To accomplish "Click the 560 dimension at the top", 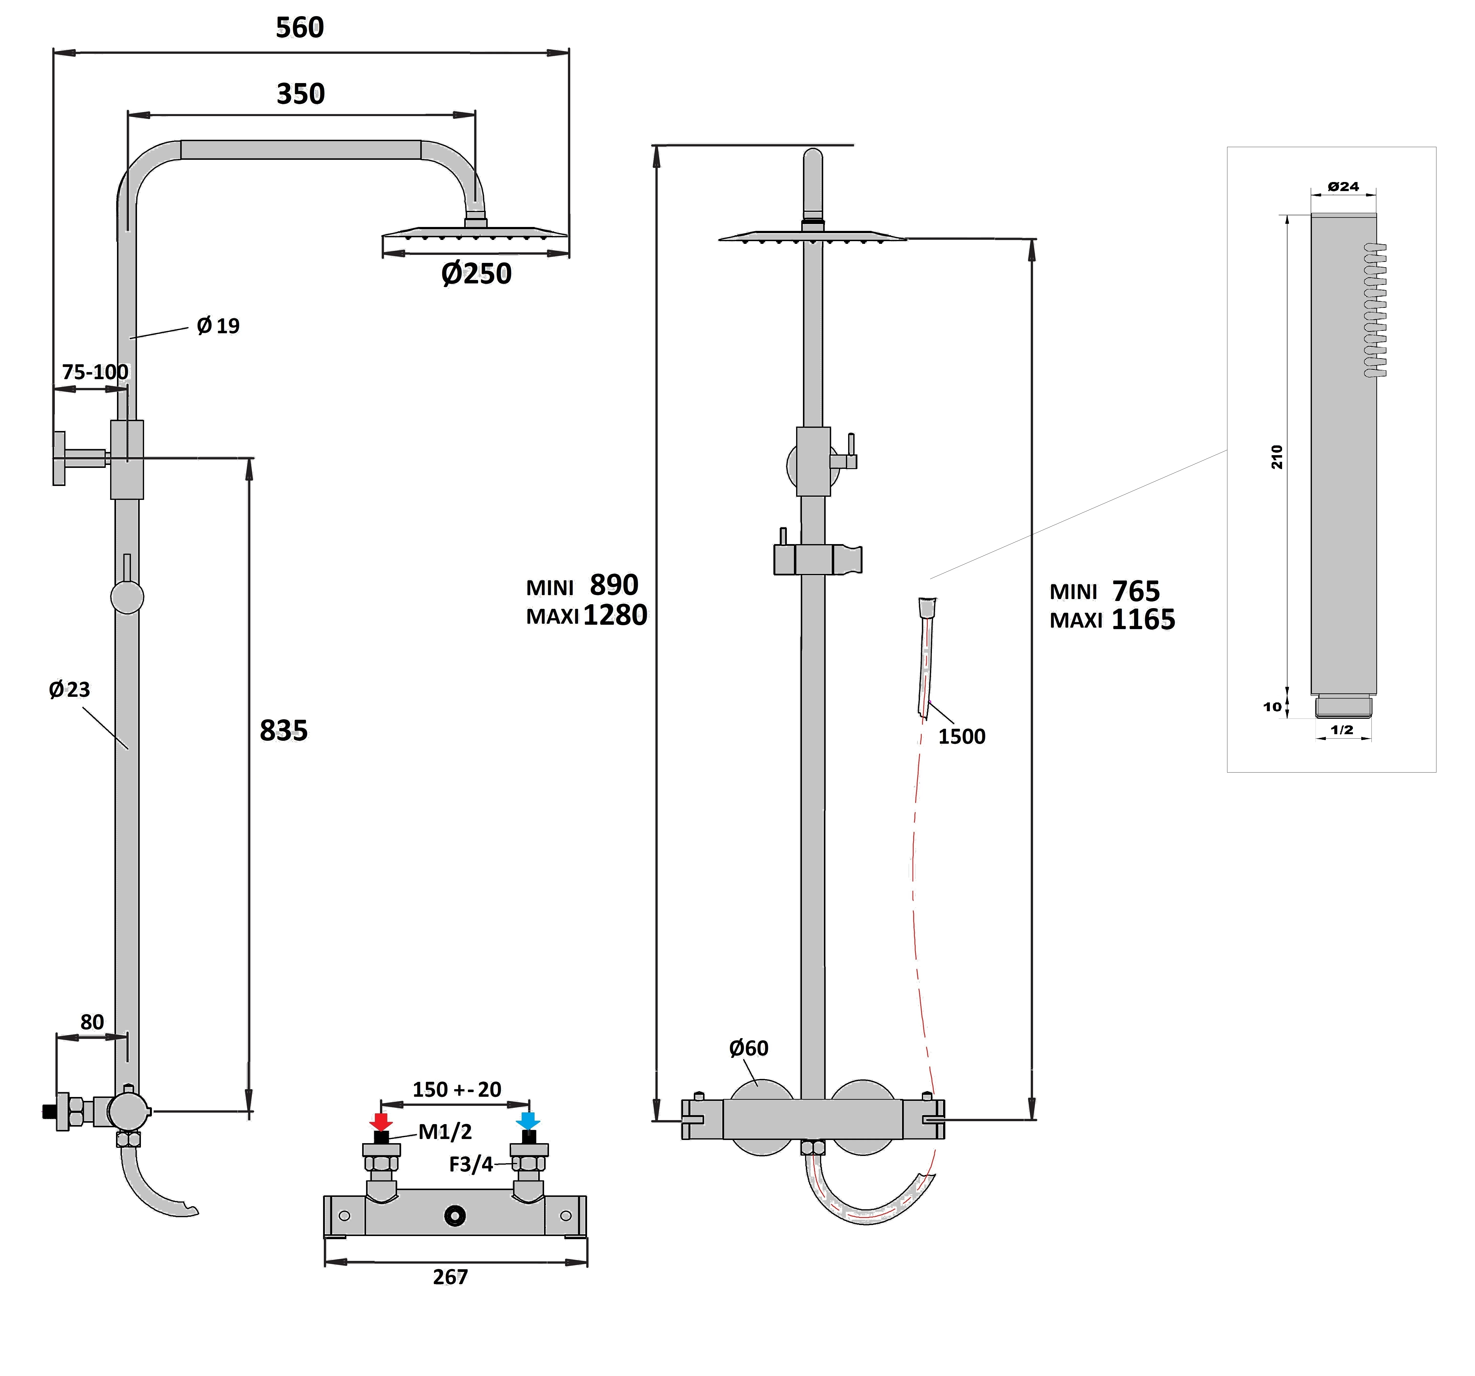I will click(300, 28).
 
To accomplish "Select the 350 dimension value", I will click(300, 94).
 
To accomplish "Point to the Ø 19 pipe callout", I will click(218, 326).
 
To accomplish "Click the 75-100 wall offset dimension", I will click(95, 372).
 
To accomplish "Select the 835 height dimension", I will click(284, 731).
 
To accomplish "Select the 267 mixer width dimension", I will click(450, 1277).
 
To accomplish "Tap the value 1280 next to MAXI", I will click(615, 615).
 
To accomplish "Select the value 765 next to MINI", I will click(1136, 591).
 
